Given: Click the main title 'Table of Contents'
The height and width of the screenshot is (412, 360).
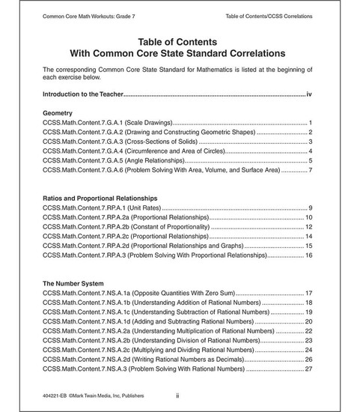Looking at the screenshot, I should point(180,41).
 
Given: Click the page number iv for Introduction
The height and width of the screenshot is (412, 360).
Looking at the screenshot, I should point(310,95).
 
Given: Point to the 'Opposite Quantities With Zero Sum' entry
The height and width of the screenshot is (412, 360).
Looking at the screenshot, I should point(138,293).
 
